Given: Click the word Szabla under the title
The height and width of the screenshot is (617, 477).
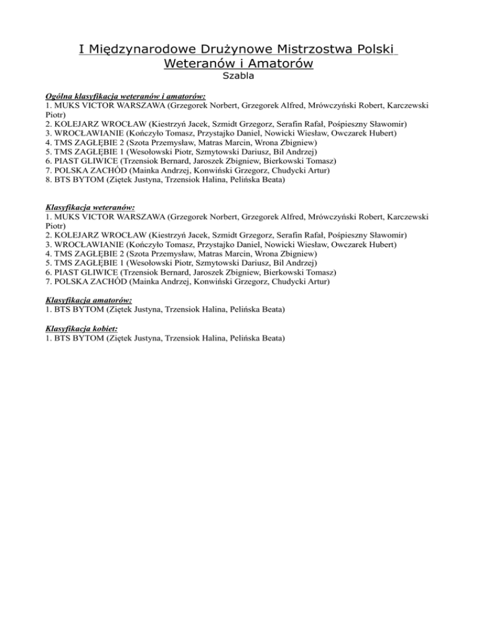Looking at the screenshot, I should [x=238, y=78].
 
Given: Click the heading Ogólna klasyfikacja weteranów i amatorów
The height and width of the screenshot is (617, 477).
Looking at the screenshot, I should [x=125, y=97].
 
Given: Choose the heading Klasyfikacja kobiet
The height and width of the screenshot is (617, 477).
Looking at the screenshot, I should [x=82, y=328].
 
